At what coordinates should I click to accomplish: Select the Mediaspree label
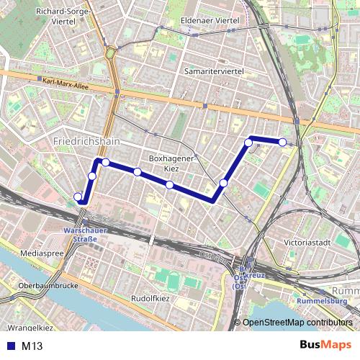point(43,254)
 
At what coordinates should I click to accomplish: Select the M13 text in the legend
point(32,346)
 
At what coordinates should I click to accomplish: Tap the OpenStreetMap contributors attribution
point(298,323)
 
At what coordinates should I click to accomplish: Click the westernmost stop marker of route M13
point(78,197)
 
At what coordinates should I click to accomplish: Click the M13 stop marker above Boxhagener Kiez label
point(137,171)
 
